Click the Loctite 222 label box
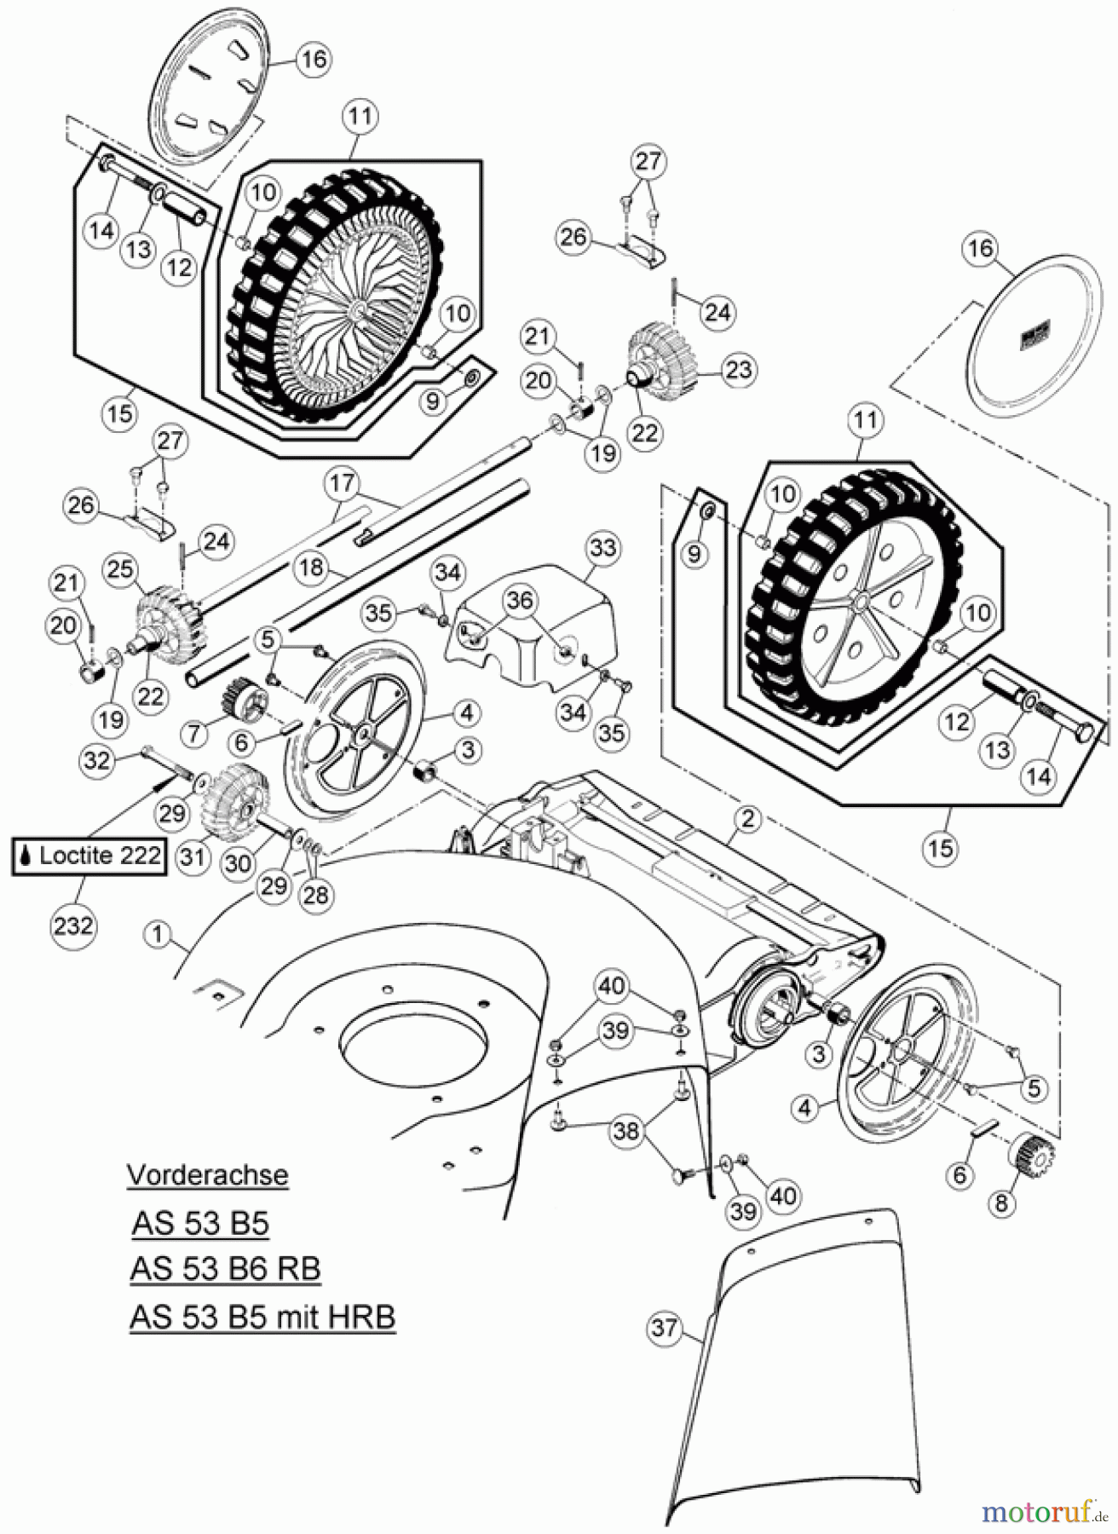[89, 856]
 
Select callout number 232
[72, 925]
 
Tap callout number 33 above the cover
[602, 548]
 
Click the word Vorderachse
[207, 1175]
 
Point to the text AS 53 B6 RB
[225, 1269]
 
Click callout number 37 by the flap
[666, 1329]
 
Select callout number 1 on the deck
[158, 934]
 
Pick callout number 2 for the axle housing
[747, 820]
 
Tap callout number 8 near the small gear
[1001, 1202]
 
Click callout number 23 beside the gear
[739, 370]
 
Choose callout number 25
[120, 568]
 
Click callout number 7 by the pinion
[195, 732]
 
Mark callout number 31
[193, 856]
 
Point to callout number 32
[97, 759]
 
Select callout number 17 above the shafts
[342, 483]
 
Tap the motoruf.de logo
[1041, 1512]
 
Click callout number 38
[626, 1131]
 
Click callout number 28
[316, 895]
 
